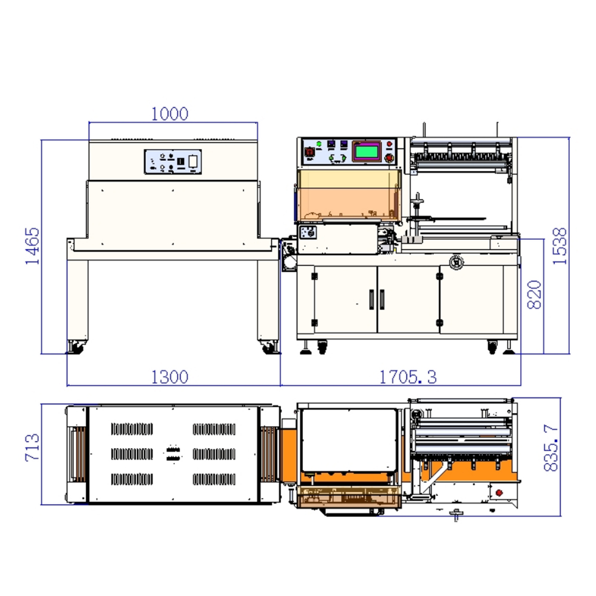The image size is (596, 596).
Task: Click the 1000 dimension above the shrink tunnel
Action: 169,114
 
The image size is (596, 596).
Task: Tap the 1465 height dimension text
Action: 32,246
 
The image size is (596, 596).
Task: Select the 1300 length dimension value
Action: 169,377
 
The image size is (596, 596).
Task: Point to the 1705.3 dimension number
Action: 408,377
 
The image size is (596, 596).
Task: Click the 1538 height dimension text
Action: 560,246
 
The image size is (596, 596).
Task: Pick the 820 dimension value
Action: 535,294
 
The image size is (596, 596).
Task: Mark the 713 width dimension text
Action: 32,448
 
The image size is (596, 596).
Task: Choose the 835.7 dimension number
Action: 551,449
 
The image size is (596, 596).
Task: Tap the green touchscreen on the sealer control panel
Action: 367,151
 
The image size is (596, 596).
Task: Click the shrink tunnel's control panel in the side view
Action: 173,162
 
